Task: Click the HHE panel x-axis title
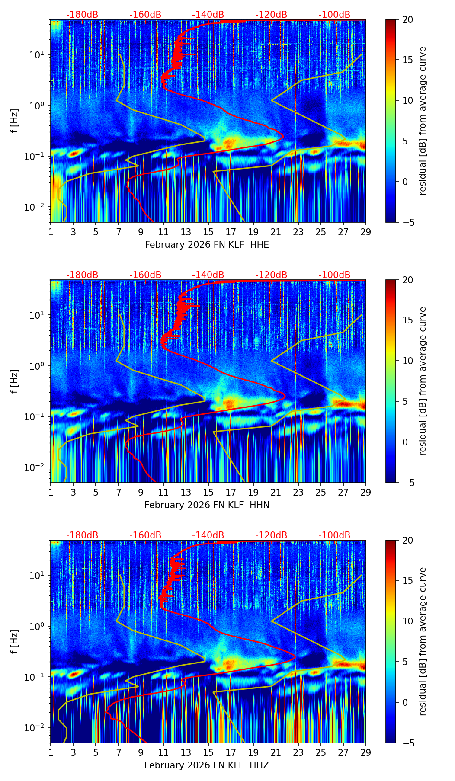[207, 245]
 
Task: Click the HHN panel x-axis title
[207, 505]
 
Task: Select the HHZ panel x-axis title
[207, 765]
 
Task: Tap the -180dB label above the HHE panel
[82, 15]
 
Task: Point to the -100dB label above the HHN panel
[334, 275]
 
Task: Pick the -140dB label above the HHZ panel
[208, 535]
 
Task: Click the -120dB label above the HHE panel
[271, 15]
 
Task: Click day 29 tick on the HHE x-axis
[365, 231]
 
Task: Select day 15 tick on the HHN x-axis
[208, 492]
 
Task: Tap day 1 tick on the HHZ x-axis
[51, 752]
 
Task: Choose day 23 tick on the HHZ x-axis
[298, 752]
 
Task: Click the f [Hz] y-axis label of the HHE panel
[15, 121]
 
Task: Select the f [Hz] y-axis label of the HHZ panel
[15, 642]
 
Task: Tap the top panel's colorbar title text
[423, 121]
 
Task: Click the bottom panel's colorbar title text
[423, 642]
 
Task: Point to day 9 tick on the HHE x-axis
[141, 231]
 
